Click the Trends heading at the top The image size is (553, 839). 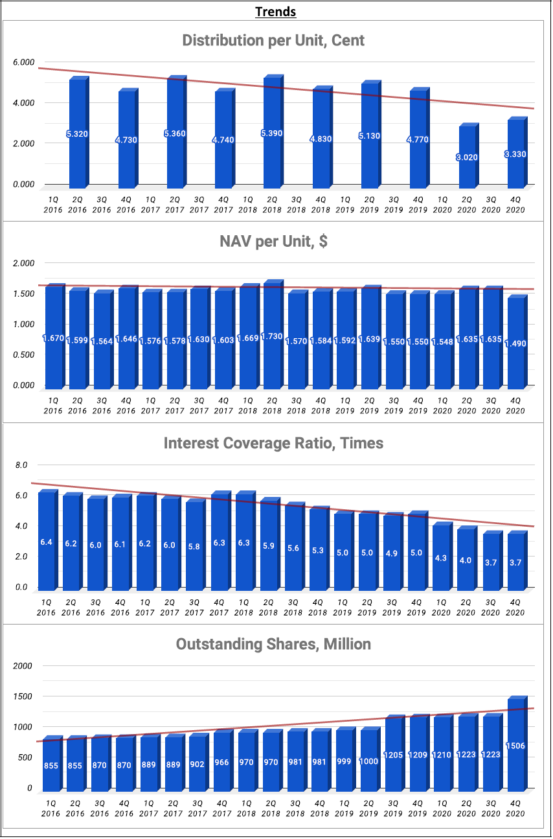[x=276, y=12]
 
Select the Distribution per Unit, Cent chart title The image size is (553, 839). [x=273, y=41]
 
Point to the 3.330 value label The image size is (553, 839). [x=515, y=154]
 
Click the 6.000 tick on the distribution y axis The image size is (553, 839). [x=23, y=62]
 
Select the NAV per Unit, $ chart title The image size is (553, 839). [x=273, y=242]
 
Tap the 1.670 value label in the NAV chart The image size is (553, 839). [x=53, y=338]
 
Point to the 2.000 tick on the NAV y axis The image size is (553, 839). [x=23, y=263]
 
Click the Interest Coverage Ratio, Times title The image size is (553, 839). [x=273, y=443]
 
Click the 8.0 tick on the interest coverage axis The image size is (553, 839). [x=21, y=465]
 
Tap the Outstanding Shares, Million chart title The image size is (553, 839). [x=273, y=644]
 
